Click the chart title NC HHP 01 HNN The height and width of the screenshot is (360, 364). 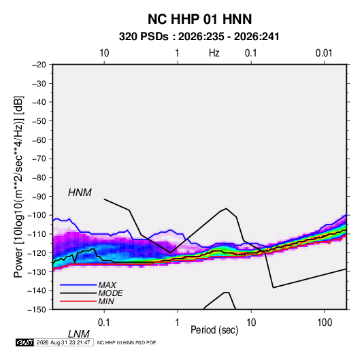pos(199,19)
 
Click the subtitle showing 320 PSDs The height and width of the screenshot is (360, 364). pos(199,37)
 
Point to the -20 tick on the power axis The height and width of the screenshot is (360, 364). pos(39,65)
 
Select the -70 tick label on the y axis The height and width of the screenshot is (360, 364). pos(39,159)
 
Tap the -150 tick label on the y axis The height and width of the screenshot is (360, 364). pos(37,310)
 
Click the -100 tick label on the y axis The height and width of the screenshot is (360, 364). pos(37,215)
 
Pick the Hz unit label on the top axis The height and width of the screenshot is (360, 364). pos(214,53)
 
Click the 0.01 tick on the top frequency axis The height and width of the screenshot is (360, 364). pos(324,53)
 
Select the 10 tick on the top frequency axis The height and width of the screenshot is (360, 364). pos(104,53)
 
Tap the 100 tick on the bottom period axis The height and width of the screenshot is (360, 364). pos(325,323)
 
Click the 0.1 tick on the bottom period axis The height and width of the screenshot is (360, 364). pos(104,323)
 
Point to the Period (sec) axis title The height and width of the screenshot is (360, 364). pos(214,330)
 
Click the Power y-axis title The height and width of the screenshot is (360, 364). pos(18,186)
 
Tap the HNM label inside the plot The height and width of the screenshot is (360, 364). pos(80,193)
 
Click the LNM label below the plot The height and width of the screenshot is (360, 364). pos(78,334)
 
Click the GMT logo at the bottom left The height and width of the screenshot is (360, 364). pos(24,342)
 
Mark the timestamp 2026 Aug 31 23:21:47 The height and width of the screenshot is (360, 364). pos(63,342)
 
